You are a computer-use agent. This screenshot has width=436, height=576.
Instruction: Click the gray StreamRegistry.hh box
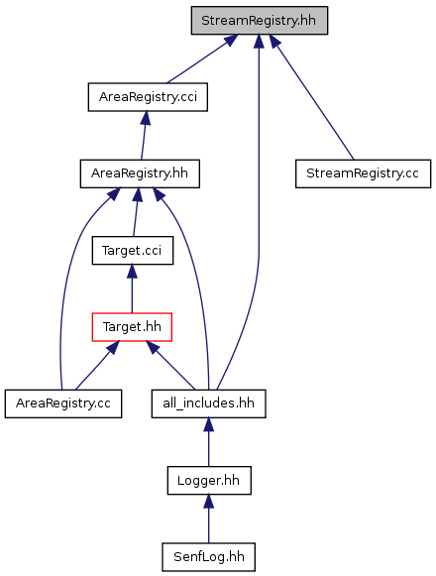tap(259, 21)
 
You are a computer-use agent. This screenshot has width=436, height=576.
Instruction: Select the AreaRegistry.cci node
tap(148, 97)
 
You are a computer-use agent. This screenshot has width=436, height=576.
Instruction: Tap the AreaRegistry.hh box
tap(140, 173)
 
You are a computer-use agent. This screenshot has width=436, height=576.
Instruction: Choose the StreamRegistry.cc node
tap(363, 173)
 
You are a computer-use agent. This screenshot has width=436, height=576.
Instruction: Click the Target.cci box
tap(132, 250)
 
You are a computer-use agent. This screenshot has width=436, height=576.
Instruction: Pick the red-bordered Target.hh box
tap(132, 327)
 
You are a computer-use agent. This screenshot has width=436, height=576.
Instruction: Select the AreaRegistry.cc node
tap(63, 403)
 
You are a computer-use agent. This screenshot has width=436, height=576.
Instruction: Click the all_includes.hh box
tap(209, 403)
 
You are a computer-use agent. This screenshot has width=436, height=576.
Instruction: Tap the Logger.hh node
tap(209, 480)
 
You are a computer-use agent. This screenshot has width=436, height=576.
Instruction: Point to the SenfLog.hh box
tap(209, 557)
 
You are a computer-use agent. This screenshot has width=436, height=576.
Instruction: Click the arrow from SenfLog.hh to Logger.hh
tap(209, 518)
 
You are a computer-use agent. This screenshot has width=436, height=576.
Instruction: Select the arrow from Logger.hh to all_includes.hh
tap(209, 442)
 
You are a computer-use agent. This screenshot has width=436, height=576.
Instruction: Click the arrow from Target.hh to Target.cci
tap(132, 288)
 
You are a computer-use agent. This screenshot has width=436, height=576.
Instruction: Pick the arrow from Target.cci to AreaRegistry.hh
tap(136, 212)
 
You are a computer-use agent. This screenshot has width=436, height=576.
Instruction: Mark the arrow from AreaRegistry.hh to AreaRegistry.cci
tap(144, 135)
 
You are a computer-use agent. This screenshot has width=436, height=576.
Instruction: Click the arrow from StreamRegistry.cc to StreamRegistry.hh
tap(311, 97)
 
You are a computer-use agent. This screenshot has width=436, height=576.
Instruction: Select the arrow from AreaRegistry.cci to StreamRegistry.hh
tap(202, 58)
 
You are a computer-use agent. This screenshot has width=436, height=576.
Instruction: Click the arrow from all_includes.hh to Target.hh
tap(170, 365)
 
